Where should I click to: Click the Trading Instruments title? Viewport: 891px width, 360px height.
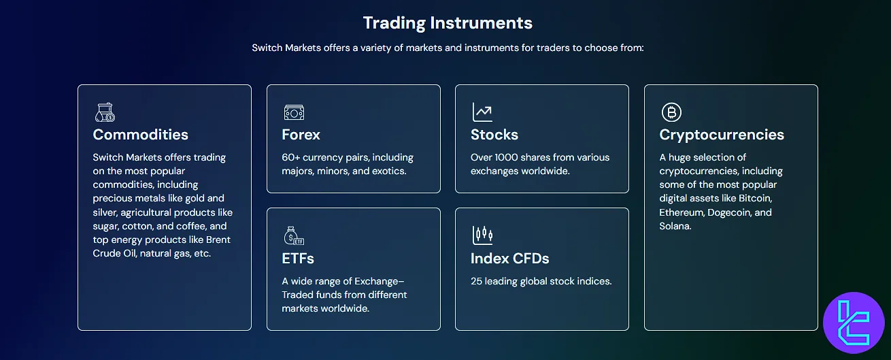[x=448, y=22]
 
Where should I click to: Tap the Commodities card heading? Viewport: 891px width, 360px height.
[x=140, y=135]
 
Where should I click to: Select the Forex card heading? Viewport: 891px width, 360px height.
[x=301, y=135]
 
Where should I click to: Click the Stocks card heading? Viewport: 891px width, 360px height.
[x=494, y=135]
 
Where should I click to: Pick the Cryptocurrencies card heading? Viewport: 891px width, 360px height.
[x=722, y=135]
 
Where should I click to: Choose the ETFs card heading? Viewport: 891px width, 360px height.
[x=298, y=259]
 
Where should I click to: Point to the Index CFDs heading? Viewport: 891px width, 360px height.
[x=509, y=259]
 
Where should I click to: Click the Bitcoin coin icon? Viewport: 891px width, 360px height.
[x=671, y=112]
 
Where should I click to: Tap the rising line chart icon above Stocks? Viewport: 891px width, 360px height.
[x=482, y=112]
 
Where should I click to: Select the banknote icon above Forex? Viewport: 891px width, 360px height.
[x=294, y=112]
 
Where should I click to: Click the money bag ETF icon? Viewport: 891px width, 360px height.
[x=293, y=235]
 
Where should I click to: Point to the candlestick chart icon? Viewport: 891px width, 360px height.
[x=482, y=235]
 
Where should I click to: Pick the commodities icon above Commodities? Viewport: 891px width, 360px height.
[x=105, y=112]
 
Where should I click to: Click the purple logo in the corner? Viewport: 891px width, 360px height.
[x=853, y=323]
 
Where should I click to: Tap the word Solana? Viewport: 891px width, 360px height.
[x=675, y=226]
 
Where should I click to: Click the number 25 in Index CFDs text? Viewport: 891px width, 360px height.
[x=477, y=281]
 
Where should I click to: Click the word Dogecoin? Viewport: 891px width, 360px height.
[x=729, y=212]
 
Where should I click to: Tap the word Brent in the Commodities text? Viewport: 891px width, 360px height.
[x=218, y=240]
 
